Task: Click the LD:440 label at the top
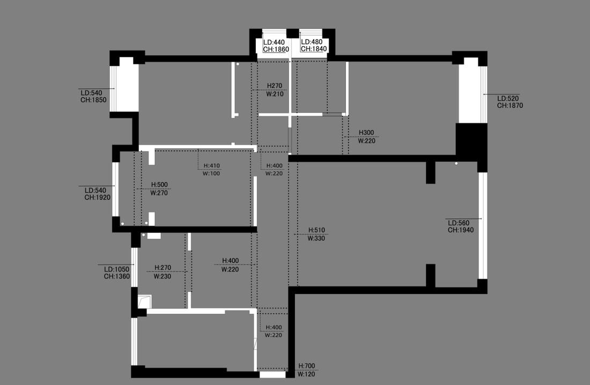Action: pos(274,42)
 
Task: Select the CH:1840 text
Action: pos(314,49)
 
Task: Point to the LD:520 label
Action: pos(508,99)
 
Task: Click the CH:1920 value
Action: pos(97,197)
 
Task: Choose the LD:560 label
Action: pos(459,223)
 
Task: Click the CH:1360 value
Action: pos(117,277)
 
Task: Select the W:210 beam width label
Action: pos(275,93)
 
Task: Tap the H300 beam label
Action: pos(366,133)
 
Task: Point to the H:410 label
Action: pos(211,165)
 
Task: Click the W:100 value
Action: pos(211,173)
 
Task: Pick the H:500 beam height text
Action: pos(159,185)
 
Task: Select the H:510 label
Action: pos(316,230)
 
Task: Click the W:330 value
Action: pos(316,238)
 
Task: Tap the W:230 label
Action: pos(163,277)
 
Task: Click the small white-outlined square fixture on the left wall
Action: pos(144,301)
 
